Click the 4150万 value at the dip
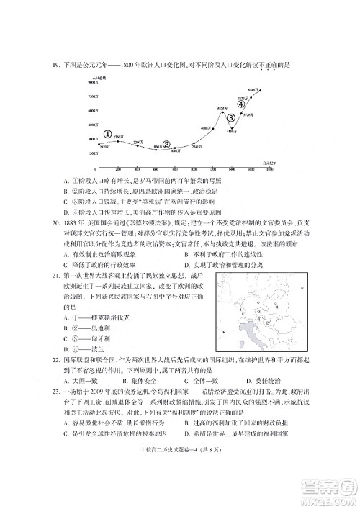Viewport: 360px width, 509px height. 233,131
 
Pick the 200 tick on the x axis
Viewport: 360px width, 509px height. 118,168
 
